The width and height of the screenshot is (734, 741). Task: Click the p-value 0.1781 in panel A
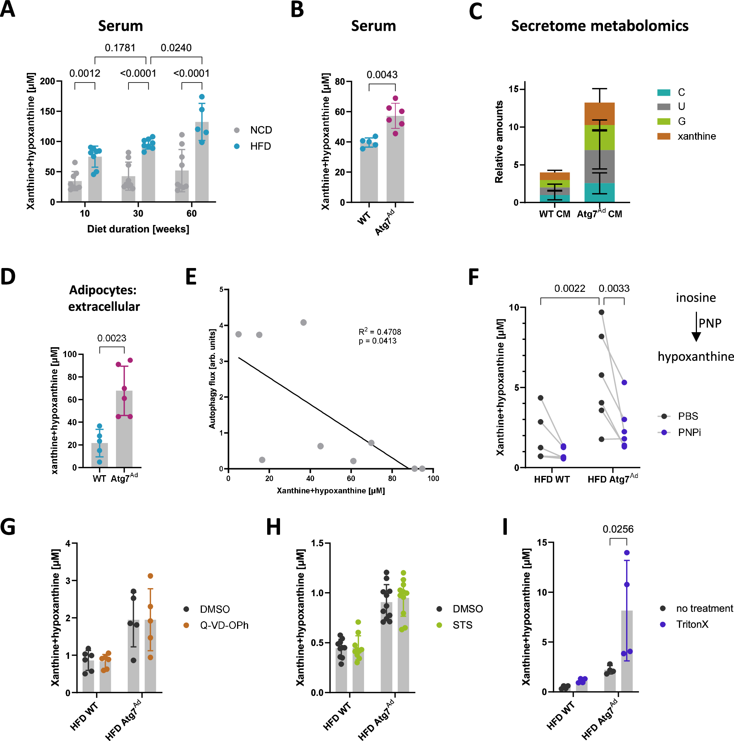[x=120, y=48]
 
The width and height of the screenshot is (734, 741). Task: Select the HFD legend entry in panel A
[x=260, y=146]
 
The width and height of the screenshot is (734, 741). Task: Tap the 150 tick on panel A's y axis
[x=48, y=111]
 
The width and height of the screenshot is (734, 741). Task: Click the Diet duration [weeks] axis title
[x=138, y=229]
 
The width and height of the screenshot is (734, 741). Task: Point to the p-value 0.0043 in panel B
[x=382, y=75]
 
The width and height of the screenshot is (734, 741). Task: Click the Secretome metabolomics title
[x=599, y=26]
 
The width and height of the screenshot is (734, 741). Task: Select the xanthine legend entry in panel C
[x=696, y=136]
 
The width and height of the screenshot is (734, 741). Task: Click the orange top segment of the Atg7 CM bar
[x=599, y=114]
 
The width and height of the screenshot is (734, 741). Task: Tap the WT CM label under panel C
[x=554, y=214]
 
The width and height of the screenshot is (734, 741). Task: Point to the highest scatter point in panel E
[x=303, y=322]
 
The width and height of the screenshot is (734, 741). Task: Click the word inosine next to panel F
[x=695, y=298]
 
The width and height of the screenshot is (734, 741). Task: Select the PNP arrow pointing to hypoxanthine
[x=696, y=326]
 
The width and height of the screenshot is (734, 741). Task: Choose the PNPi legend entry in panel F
[x=689, y=432]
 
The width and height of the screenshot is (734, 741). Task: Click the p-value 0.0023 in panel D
[x=111, y=338]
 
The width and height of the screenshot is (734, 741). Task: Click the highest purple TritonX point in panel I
[x=626, y=553]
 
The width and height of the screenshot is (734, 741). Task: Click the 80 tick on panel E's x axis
[x=392, y=478]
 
